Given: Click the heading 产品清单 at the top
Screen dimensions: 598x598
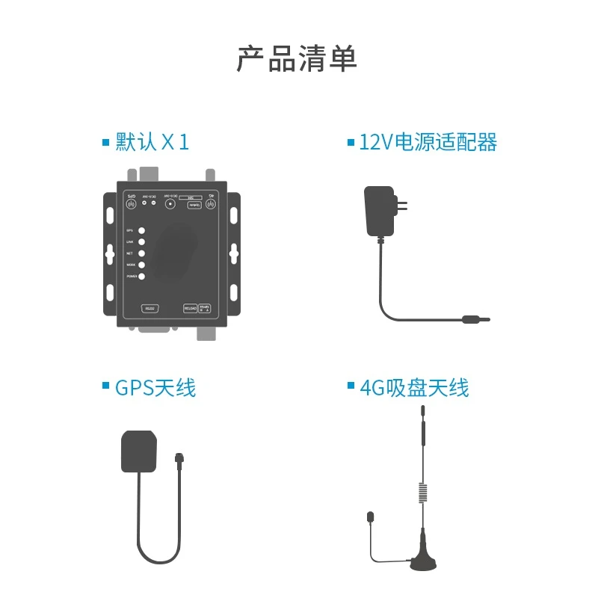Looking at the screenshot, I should (x=297, y=59).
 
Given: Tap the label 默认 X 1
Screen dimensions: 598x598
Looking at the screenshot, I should (x=152, y=142).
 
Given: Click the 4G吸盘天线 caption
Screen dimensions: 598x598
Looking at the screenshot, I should (x=414, y=388).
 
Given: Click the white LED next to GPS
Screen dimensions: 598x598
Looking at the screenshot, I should (x=141, y=231).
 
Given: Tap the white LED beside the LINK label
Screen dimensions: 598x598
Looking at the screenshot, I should (x=141, y=242).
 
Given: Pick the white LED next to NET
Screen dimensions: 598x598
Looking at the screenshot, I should (x=141, y=253).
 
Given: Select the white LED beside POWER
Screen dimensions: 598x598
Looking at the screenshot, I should (x=141, y=277).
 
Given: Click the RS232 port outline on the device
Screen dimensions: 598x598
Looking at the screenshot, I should (x=150, y=308).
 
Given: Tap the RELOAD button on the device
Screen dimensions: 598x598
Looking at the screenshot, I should (x=190, y=308).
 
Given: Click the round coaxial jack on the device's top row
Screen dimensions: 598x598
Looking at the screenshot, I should (x=170, y=203).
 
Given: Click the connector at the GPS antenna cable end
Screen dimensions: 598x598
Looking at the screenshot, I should (x=179, y=458).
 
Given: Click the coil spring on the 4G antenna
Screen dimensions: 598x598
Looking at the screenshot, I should (x=422, y=493).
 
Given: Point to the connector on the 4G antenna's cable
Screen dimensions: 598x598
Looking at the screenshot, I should (x=370, y=517).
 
